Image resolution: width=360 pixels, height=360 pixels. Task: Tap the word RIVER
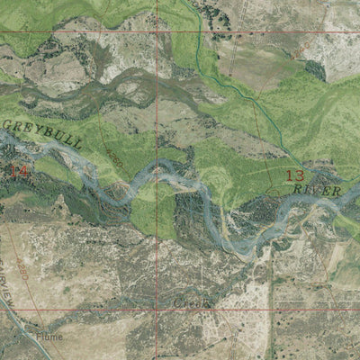tap(317, 191)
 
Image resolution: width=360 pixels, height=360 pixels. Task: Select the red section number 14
tap(18, 169)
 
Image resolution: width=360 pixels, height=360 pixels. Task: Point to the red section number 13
tap(294, 175)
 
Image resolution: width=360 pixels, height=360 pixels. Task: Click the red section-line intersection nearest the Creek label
tap(156, 310)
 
